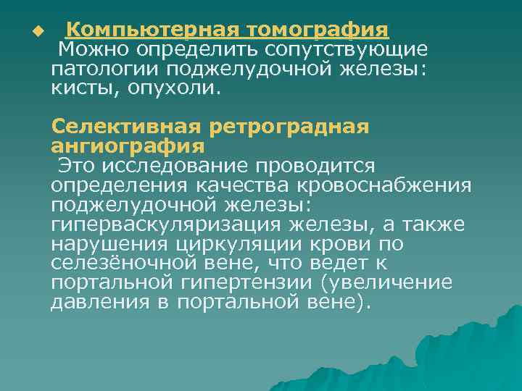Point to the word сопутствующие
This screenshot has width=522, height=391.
click(346, 50)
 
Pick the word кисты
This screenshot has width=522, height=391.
click(80, 89)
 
